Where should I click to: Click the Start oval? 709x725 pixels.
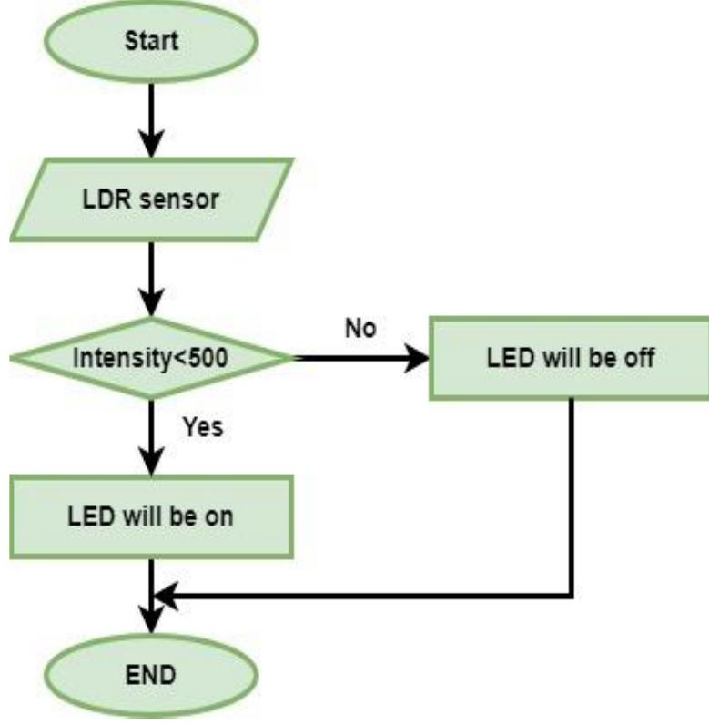tap(153, 42)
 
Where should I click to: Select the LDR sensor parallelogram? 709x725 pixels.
tap(153, 200)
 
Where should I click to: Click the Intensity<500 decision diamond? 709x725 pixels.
tap(153, 358)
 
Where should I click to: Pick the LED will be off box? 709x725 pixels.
tap(569, 357)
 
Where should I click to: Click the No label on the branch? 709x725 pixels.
tap(360, 327)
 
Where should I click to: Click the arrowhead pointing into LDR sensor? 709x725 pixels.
tap(153, 146)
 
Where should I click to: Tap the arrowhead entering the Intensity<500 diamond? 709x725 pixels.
tap(153, 303)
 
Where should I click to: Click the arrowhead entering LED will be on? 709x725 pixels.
tap(153, 461)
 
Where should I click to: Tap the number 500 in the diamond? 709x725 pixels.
tap(213, 359)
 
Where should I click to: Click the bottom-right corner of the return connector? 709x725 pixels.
tap(572, 597)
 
